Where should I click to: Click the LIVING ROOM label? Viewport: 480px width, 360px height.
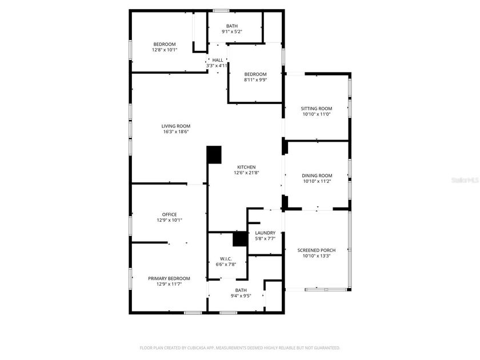coord(175,126)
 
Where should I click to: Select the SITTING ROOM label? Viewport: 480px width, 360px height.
coord(317,109)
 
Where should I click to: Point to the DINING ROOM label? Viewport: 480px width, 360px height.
coord(317,175)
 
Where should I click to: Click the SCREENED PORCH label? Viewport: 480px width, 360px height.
coord(317,250)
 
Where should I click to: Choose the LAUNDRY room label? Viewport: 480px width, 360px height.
coord(265,233)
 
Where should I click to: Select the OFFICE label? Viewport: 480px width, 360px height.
coord(169,214)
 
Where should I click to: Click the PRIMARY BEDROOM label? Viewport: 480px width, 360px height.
coord(169,278)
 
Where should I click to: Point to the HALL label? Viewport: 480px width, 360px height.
coord(218,59)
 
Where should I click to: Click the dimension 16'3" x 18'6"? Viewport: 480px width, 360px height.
coord(175,132)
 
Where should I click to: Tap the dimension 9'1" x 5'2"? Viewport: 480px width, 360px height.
coord(232,31)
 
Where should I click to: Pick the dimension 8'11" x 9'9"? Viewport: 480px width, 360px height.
coord(255,80)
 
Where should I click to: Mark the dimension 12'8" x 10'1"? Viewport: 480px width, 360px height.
coord(165,50)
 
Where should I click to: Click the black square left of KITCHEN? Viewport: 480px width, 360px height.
coord(214,154)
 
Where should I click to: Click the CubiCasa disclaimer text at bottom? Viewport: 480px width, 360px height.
coord(240,347)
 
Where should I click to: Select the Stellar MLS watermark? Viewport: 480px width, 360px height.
coord(465,179)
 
